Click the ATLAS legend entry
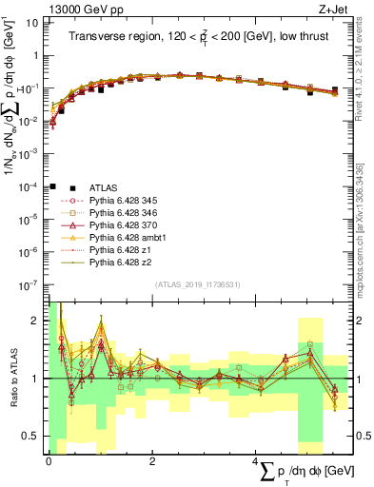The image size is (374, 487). [103, 187]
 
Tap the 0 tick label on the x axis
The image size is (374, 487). [49, 460]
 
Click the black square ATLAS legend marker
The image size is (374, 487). [53, 187]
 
